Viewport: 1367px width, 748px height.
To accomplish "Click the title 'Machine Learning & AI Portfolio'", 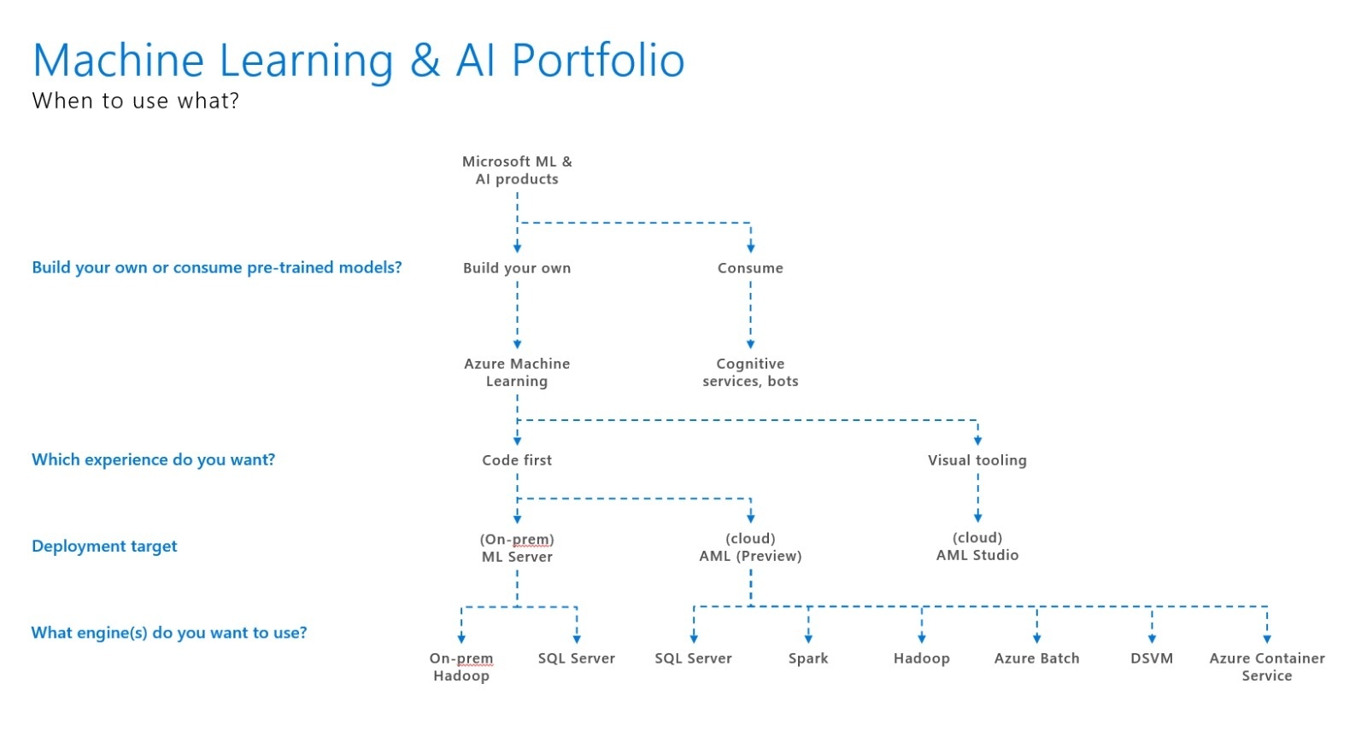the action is tap(358, 61).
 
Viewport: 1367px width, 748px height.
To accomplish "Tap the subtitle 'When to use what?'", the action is tap(136, 101).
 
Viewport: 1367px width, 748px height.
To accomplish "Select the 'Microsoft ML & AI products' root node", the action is tap(517, 170).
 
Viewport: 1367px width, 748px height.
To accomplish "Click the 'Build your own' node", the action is tap(517, 268).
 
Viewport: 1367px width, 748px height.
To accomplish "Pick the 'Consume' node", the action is tap(750, 268).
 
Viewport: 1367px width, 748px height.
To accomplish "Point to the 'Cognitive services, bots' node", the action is tap(750, 372).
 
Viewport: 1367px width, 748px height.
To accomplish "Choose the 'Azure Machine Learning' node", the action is tap(517, 372).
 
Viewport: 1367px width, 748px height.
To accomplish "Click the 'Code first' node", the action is tap(517, 460).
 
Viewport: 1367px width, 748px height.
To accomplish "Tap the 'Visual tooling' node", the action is tap(977, 460).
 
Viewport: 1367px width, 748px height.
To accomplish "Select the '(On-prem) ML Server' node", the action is tap(517, 548).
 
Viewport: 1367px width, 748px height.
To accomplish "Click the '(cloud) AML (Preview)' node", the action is tap(750, 547).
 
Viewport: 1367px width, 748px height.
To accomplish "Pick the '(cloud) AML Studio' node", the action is tap(977, 546).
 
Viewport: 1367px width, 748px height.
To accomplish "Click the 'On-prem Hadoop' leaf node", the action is tap(461, 667).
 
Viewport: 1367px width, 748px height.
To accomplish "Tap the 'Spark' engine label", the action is tap(808, 659).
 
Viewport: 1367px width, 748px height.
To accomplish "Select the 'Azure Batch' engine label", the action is tap(1036, 658).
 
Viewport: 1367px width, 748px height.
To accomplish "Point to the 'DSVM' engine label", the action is tap(1152, 658).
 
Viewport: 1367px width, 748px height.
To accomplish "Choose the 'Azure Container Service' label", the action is tap(1267, 667).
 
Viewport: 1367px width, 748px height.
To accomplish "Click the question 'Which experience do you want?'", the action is tap(153, 459).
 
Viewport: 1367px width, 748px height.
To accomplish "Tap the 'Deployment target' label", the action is tap(104, 546).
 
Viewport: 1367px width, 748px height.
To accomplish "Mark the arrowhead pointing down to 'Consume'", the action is tap(751, 247).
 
